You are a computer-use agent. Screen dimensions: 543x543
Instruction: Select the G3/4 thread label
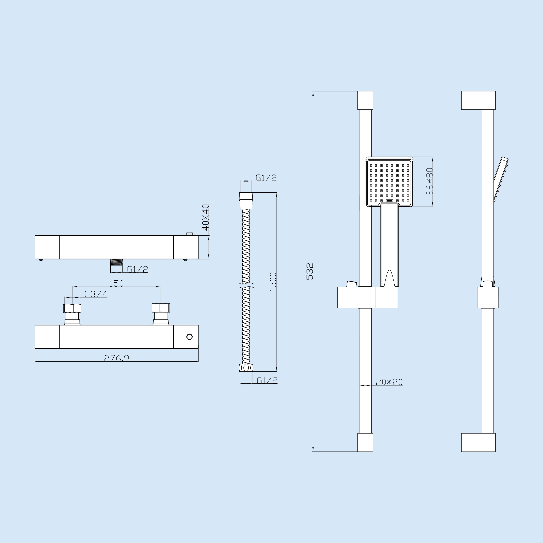point(96,294)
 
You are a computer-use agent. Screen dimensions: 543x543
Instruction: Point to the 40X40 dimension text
point(206,218)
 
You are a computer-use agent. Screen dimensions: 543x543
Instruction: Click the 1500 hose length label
point(273,282)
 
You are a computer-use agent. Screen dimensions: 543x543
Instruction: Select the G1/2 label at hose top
point(266,178)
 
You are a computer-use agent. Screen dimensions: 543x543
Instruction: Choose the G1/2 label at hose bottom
point(267,380)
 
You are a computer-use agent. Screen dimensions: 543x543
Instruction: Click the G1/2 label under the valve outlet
point(137,269)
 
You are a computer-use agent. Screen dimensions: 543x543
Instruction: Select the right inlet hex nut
point(161,308)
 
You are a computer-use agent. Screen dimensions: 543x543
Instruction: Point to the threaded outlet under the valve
point(116,262)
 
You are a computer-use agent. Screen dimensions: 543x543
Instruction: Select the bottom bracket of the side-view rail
point(478,442)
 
